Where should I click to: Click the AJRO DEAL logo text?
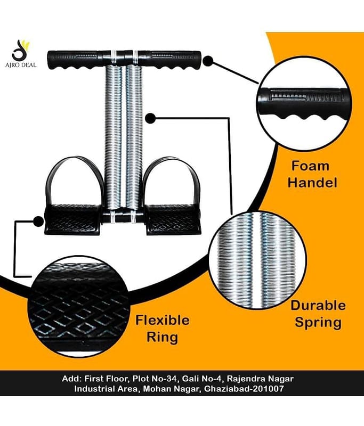[x=21, y=65]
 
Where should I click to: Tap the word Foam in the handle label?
[x=310, y=166]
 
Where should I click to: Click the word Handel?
[x=312, y=182]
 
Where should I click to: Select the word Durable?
[x=318, y=306]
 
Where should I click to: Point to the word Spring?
[x=318, y=323]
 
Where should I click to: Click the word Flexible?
[x=163, y=320]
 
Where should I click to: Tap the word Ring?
[x=163, y=338]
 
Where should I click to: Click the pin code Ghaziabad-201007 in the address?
[x=244, y=389]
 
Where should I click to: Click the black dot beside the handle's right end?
[x=208, y=61]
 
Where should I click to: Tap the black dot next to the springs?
[x=150, y=118]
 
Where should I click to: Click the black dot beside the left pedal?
[x=38, y=221]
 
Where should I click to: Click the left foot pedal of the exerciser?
[x=72, y=219]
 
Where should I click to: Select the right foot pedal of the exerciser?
[x=174, y=219]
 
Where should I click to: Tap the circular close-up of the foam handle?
[x=304, y=105]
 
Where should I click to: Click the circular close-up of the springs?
[x=258, y=260]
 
